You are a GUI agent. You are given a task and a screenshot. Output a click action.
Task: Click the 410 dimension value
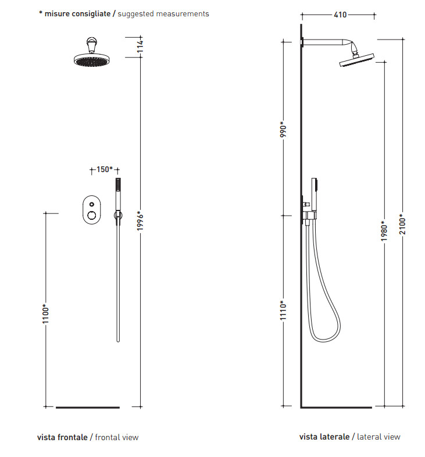coord(340,15)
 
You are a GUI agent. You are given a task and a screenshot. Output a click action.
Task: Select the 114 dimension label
coord(140,47)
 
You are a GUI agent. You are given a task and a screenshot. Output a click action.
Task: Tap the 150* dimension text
coord(104,169)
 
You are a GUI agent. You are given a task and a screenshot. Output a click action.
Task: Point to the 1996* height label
coord(141,221)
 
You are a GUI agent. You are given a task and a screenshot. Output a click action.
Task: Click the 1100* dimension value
coord(46,313)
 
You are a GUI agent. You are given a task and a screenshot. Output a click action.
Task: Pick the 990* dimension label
coord(283,130)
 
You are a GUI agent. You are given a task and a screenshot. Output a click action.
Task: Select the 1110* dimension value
coord(283,310)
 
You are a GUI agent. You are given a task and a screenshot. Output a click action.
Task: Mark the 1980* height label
coord(384,231)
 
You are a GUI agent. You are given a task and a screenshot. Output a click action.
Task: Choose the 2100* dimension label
coord(402,224)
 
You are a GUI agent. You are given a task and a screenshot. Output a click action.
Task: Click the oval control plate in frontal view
coord(92,210)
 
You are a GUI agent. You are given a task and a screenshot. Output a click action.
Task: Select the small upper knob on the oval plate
coord(92,204)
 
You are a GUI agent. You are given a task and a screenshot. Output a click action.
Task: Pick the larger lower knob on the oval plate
coord(92,215)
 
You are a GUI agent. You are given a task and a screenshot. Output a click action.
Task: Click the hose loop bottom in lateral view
coord(324,340)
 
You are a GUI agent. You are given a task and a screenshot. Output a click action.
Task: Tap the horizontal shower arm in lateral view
coord(324,42)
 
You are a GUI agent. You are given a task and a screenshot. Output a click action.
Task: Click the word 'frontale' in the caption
coord(73,437)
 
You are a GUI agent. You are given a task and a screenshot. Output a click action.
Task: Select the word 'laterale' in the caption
coord(335,437)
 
